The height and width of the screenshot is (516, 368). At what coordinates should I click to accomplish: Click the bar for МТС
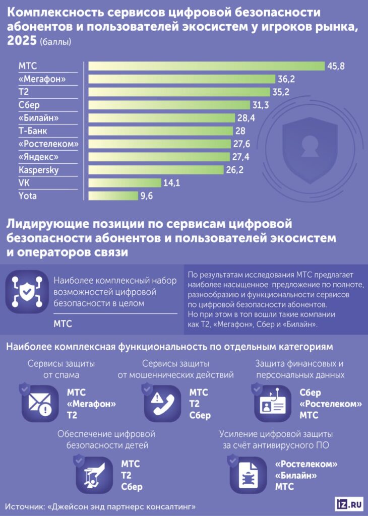(206, 66)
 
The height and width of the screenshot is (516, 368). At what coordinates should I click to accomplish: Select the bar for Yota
(113, 196)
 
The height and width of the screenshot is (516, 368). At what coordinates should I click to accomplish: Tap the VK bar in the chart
(125, 183)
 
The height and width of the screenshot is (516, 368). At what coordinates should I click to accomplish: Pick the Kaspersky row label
(38, 170)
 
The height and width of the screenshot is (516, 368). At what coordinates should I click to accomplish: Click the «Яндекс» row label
(38, 157)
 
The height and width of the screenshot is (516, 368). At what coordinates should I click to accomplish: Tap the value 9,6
(147, 196)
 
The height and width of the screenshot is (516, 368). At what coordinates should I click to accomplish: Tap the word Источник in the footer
(25, 505)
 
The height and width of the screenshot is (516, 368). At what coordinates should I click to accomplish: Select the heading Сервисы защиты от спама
(62, 369)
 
